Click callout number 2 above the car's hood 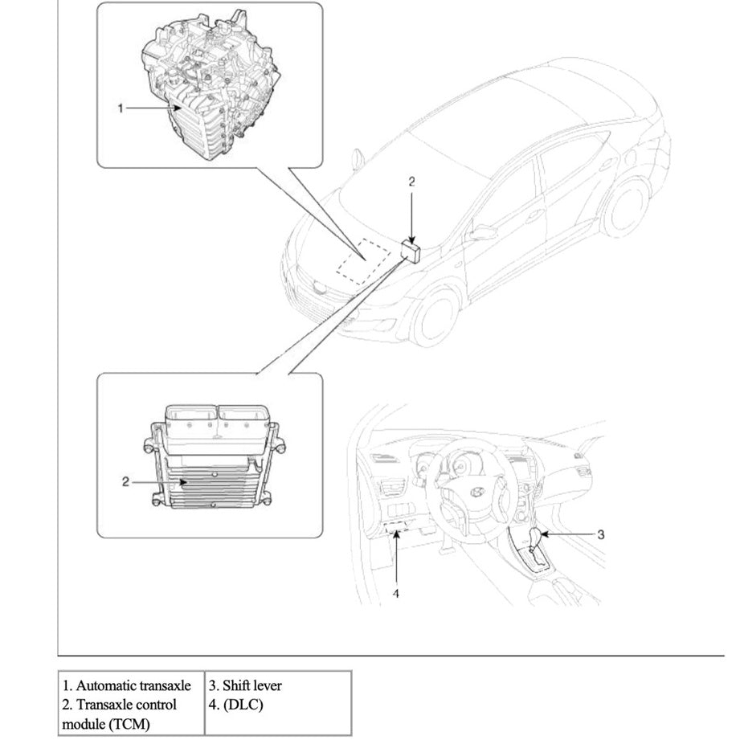[x=411, y=182]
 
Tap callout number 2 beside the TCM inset [x=126, y=482]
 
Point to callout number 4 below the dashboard [x=395, y=593]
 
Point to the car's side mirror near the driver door [x=483, y=232]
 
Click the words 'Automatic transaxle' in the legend [x=127, y=686]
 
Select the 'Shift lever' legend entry [x=245, y=686]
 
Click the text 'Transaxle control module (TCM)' [x=121, y=713]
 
